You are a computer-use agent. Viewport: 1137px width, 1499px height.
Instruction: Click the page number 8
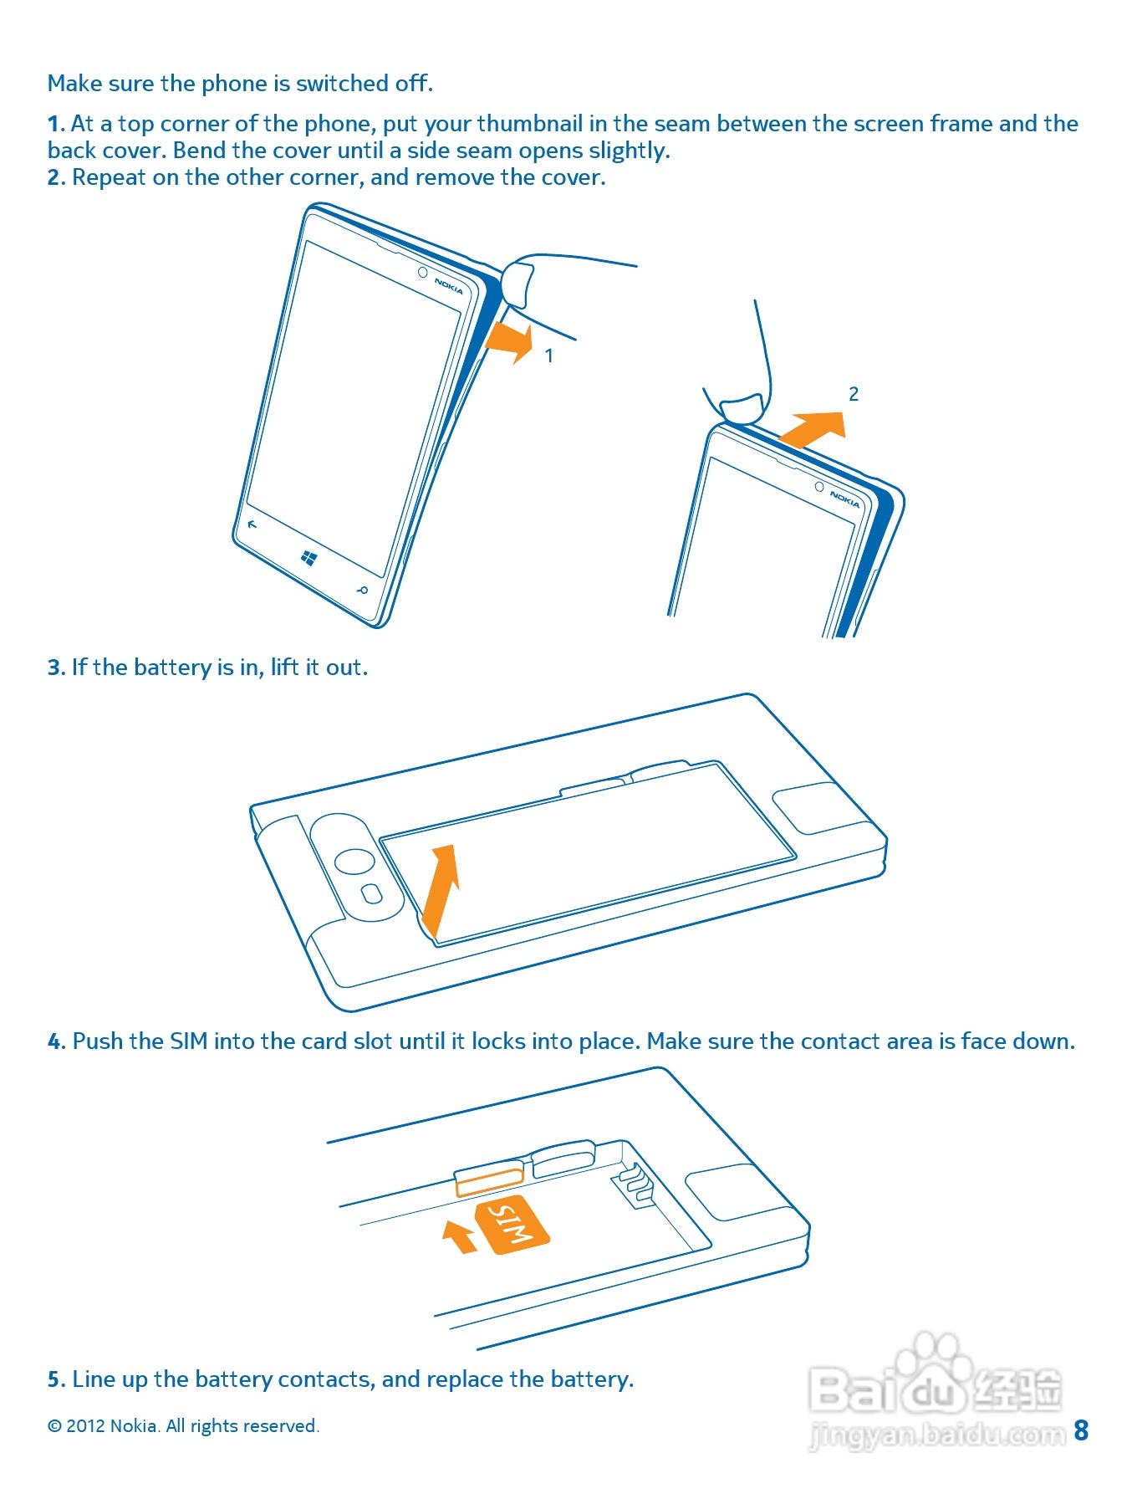1081,1430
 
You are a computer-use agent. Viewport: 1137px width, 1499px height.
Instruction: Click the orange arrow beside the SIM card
458,1236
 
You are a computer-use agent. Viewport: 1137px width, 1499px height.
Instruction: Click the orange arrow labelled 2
813,427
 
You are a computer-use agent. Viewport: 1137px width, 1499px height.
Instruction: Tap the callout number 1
549,356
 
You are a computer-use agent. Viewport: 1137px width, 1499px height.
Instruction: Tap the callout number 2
854,394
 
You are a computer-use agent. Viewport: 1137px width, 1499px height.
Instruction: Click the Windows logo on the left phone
308,558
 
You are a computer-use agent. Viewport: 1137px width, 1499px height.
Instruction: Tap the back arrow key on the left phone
252,524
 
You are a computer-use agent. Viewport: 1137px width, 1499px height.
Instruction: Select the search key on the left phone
362,591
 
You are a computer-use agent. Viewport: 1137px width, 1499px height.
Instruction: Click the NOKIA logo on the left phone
448,285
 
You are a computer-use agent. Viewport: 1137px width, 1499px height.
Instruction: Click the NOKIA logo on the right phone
844,499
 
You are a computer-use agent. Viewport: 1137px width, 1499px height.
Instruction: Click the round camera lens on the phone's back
354,862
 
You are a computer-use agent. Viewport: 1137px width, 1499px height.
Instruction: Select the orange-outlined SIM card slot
489,1179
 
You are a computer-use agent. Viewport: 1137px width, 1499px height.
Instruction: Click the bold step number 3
55,668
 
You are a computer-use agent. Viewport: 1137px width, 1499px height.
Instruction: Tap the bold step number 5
55,1379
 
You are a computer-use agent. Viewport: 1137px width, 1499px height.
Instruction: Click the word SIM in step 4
188,1041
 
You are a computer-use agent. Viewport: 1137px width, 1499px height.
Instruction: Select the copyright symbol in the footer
54,1426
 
